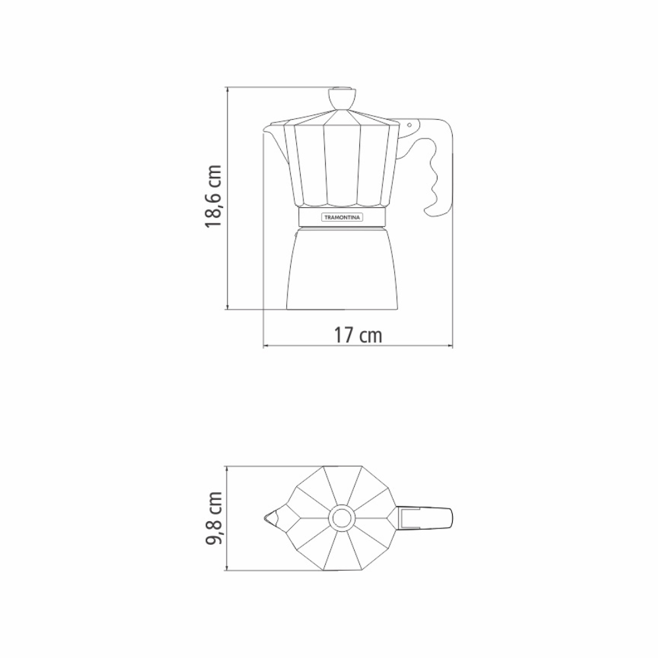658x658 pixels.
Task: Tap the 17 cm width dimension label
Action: pos(357,334)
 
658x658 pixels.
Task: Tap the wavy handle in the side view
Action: pos(438,168)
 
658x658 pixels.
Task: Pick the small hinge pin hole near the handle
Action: pos(409,124)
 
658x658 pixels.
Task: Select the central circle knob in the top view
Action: pos(342,519)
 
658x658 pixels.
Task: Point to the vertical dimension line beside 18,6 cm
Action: pos(227,197)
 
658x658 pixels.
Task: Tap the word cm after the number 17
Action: pos(370,334)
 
